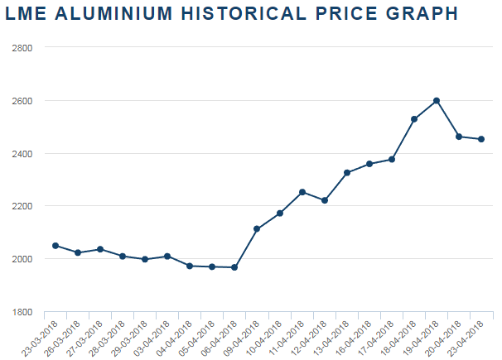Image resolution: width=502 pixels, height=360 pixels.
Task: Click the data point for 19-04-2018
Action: [x=437, y=101]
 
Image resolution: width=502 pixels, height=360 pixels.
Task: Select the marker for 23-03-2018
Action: [x=56, y=246]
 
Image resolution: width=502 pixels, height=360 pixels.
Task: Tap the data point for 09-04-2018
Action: [x=257, y=228]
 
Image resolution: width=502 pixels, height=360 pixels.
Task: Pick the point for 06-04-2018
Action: [x=234, y=267]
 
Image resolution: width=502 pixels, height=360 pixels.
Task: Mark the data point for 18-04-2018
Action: [x=414, y=119]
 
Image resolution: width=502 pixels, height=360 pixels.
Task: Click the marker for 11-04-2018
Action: [x=302, y=192]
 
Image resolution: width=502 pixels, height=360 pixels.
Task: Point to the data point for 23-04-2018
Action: [x=481, y=139]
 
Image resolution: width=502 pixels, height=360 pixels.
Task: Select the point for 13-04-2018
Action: [x=347, y=173]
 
